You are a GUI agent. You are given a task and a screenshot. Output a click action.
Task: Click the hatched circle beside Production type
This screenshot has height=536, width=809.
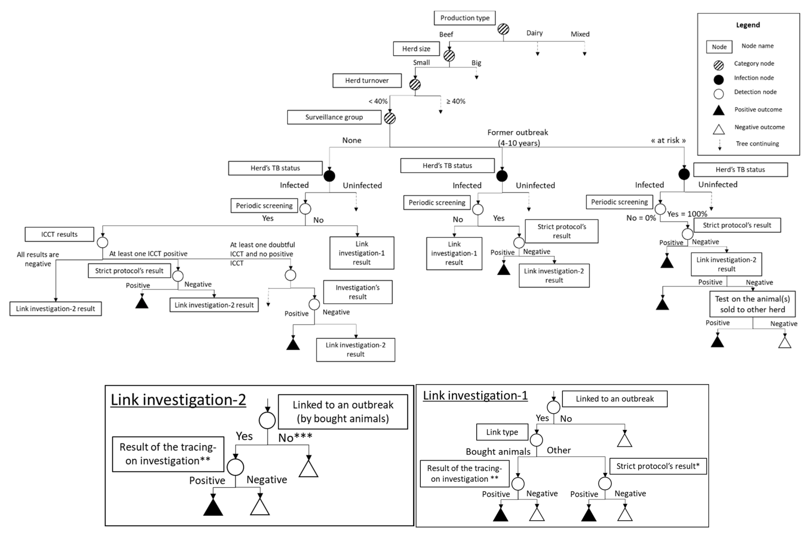click(x=503, y=29)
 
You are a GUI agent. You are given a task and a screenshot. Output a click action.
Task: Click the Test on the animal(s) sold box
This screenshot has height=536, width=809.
click(x=752, y=304)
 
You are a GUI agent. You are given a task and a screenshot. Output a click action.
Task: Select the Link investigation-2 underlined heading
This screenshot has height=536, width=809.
click(x=178, y=400)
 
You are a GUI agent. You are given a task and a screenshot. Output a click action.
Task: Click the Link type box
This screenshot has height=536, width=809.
click(x=502, y=432)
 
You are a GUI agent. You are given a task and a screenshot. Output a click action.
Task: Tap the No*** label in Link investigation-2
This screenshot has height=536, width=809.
click(x=295, y=437)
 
